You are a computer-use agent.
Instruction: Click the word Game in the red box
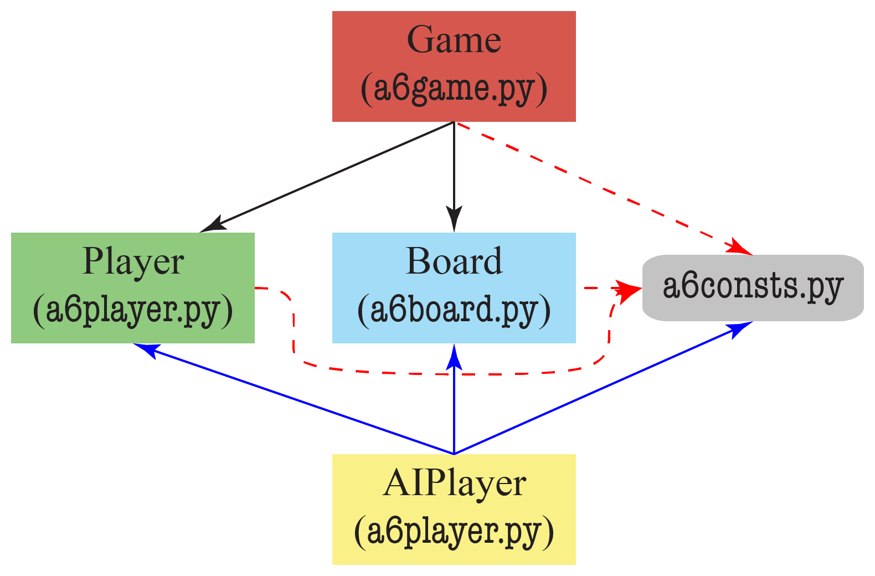454,40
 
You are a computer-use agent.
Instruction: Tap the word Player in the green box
133,261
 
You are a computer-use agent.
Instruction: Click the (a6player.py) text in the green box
133,310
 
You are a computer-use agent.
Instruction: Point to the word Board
454,261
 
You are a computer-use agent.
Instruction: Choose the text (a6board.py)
454,310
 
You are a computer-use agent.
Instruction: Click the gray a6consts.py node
753,287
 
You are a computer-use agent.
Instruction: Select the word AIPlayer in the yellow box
454,483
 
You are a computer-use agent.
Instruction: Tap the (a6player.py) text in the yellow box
454,532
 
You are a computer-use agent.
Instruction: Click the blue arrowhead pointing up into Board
454,357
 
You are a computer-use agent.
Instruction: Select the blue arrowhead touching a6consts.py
740,328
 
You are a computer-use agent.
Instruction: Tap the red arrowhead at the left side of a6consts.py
629,289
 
